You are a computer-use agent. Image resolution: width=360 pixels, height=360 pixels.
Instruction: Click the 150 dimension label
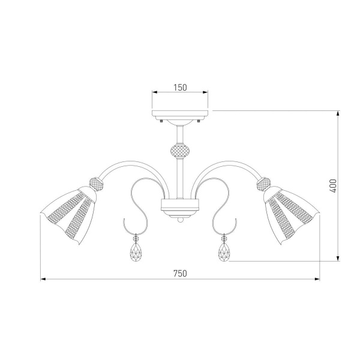180,86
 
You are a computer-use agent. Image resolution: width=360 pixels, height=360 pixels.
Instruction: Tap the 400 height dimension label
334,187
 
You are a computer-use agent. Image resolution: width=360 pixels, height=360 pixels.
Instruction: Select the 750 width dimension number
180,273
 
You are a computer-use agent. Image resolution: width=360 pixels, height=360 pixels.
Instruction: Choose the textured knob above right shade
265,182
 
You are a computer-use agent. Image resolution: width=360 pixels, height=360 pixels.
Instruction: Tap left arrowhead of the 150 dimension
154,92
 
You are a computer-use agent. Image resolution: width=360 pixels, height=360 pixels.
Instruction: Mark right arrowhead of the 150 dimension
206,92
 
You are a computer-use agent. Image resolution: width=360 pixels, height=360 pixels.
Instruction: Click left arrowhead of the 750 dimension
43,280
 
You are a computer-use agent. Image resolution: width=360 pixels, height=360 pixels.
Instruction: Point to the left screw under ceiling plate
163,121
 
